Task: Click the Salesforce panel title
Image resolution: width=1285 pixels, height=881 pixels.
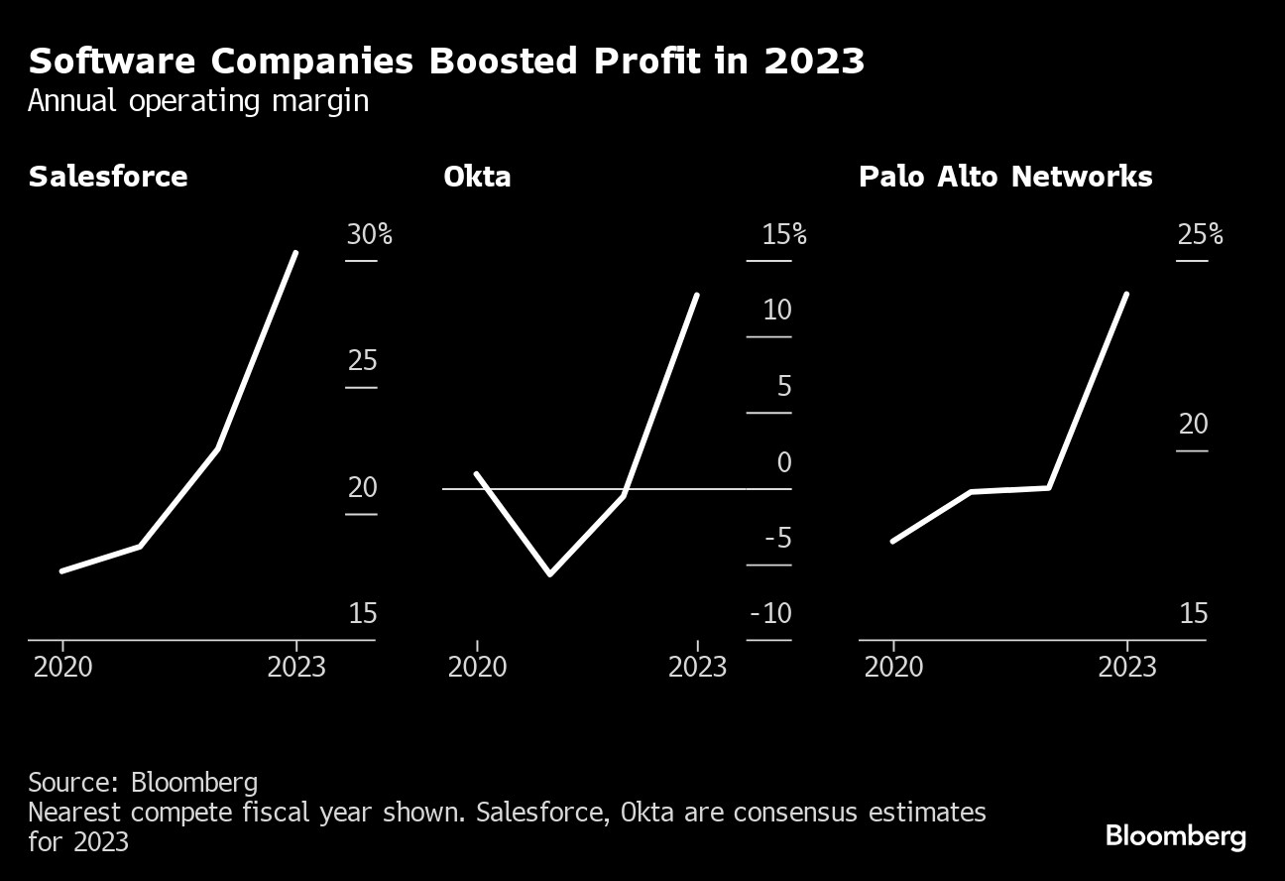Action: pyautogui.click(x=108, y=177)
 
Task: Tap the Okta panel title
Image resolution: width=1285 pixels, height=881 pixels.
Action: pyautogui.click(x=477, y=177)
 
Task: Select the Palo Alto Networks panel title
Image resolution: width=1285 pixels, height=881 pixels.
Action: pyautogui.click(x=1005, y=177)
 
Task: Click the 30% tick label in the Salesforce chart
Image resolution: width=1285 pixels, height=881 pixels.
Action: pyautogui.click(x=369, y=235)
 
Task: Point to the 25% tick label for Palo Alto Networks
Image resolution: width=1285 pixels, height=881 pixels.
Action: pyautogui.click(x=1200, y=235)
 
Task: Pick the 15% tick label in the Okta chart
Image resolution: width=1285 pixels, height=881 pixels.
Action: pyautogui.click(x=783, y=235)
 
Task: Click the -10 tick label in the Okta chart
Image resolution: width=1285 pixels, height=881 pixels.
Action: pyautogui.click(x=771, y=614)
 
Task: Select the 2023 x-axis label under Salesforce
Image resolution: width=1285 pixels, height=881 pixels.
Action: pyautogui.click(x=296, y=667)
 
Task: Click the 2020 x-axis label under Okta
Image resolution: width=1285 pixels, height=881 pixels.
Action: pyautogui.click(x=477, y=667)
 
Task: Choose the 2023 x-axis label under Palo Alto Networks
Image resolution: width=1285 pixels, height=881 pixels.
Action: pyautogui.click(x=1126, y=667)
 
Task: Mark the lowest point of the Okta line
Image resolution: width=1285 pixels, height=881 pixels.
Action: pyautogui.click(x=550, y=573)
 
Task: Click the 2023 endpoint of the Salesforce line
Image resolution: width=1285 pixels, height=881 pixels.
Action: pyautogui.click(x=295, y=253)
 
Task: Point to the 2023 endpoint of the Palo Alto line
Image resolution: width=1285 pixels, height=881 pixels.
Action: pyautogui.click(x=1126, y=295)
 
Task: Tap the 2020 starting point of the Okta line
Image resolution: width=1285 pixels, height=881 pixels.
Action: pyautogui.click(x=477, y=474)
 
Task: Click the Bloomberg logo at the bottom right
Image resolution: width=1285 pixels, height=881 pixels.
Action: pyautogui.click(x=1176, y=836)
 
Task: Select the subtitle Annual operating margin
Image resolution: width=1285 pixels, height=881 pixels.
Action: pyautogui.click(x=198, y=102)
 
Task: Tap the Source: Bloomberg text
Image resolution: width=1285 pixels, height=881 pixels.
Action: pyautogui.click(x=143, y=782)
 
